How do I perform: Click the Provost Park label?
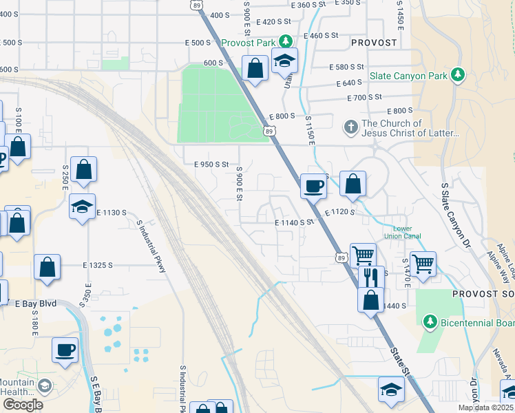[x=248, y=43]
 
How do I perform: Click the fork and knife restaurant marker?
[x=369, y=277]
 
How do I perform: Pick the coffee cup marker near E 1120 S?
[x=314, y=186]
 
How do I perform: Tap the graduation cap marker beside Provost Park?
[x=284, y=61]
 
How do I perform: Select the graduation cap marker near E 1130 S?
[x=82, y=206]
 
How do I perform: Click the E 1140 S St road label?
[x=294, y=222]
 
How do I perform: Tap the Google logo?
[x=23, y=404]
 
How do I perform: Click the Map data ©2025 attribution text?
[x=485, y=407]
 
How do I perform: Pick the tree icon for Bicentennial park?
[x=430, y=321]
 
